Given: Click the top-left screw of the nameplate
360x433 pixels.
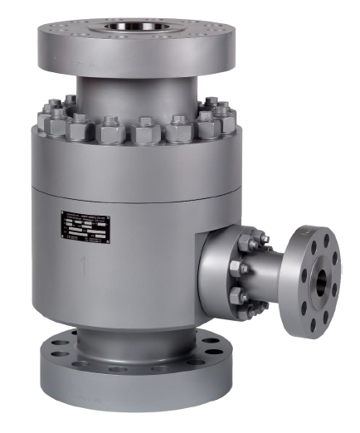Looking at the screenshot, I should pos(62,212).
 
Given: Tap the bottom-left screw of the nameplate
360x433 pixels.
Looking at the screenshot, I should pos(63,243).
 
